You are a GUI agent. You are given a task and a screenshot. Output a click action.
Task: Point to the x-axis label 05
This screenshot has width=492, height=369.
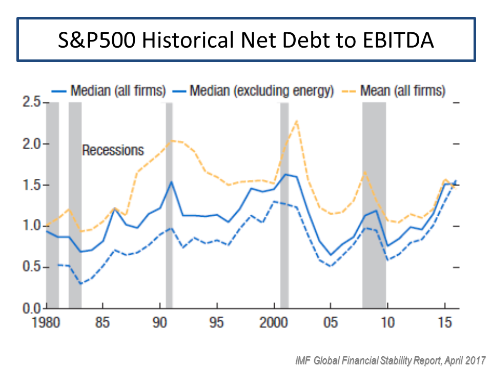coord(331,324)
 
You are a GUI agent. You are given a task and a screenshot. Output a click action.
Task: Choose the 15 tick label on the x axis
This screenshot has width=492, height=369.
coord(444,324)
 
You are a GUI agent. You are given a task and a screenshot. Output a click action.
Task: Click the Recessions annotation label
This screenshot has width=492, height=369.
coord(113,150)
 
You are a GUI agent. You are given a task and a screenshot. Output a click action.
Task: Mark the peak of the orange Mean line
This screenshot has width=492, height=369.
coord(296,121)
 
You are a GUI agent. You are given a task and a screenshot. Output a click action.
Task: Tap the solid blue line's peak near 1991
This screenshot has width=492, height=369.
coord(172,181)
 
